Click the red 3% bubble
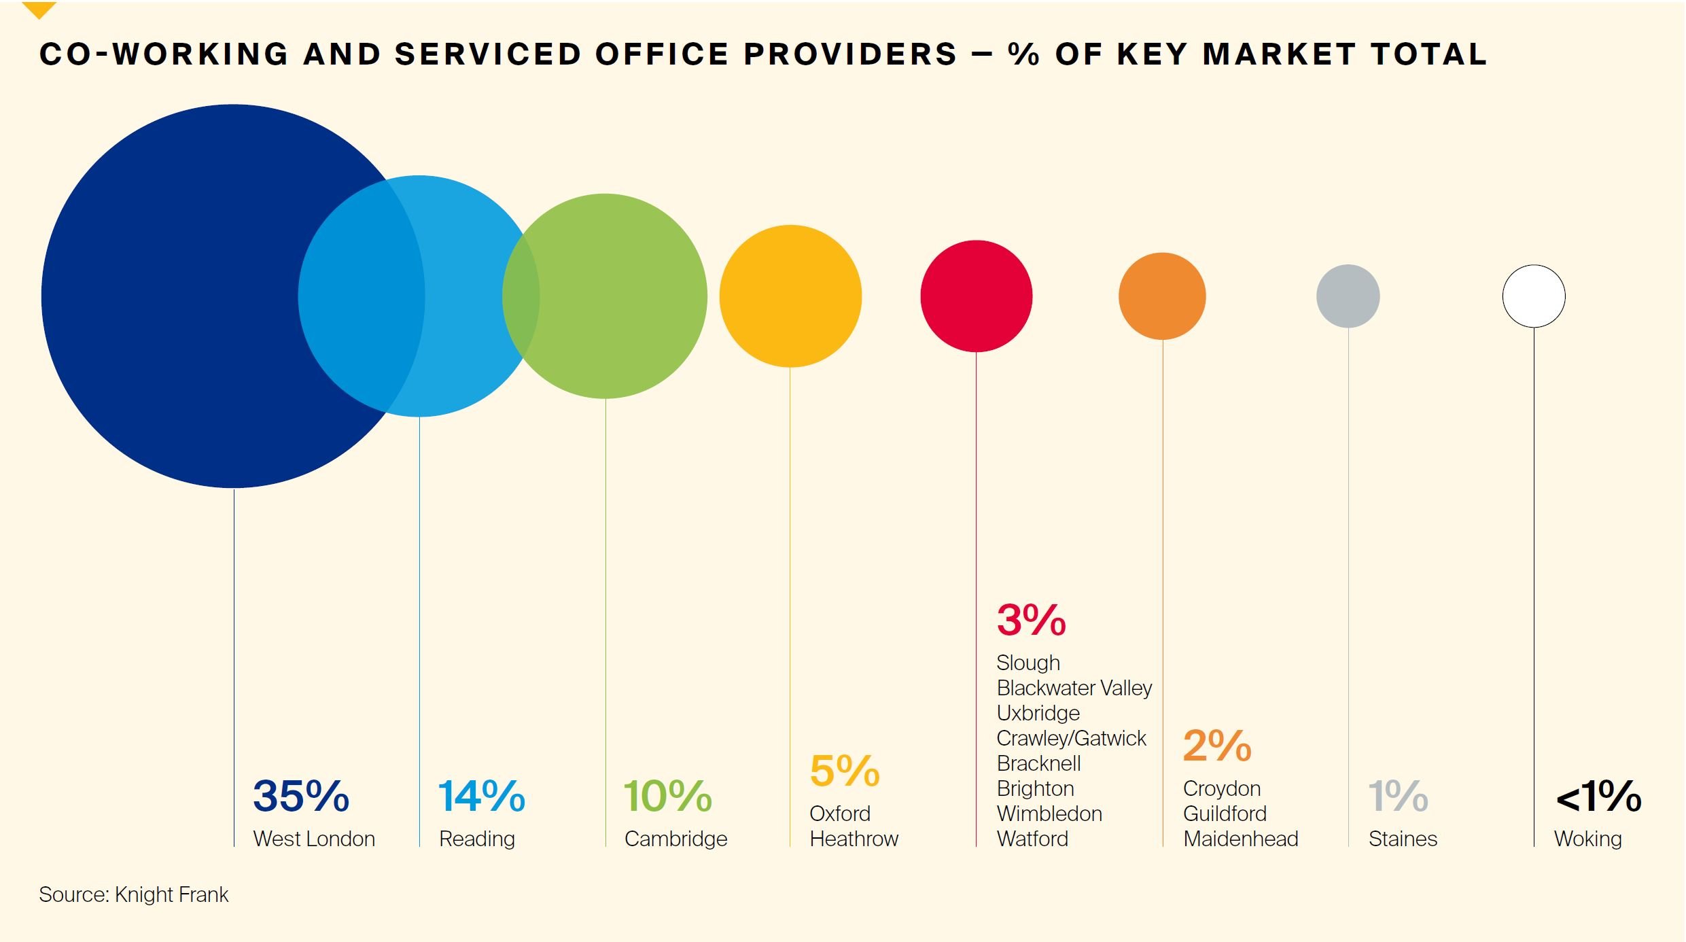[976, 296]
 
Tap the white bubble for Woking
[1534, 296]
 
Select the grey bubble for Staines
[1348, 296]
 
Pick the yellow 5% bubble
[790, 296]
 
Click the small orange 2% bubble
[1162, 296]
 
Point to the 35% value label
[301, 796]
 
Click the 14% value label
[481, 796]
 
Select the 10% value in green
[667, 796]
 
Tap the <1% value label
[1598, 796]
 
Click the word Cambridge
[675, 839]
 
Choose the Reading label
[477, 839]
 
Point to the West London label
[314, 839]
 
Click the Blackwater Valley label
[1074, 688]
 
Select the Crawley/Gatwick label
[1071, 738]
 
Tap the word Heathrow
[854, 839]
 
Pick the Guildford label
[1225, 814]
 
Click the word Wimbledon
[1049, 814]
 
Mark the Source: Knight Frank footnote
[134, 894]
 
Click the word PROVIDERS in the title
[850, 54]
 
